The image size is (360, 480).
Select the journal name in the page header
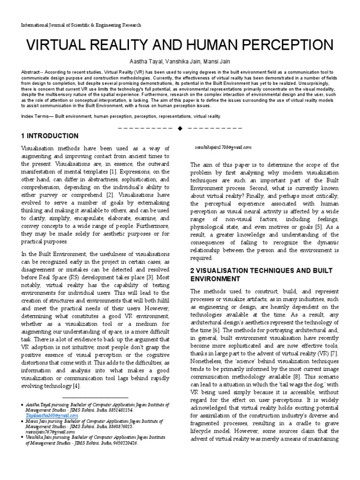tap(81, 25)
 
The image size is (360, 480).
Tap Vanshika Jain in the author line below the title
tap(180, 61)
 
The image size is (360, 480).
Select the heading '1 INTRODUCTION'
tap(50, 136)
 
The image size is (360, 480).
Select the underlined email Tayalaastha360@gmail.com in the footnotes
tap(52, 415)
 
